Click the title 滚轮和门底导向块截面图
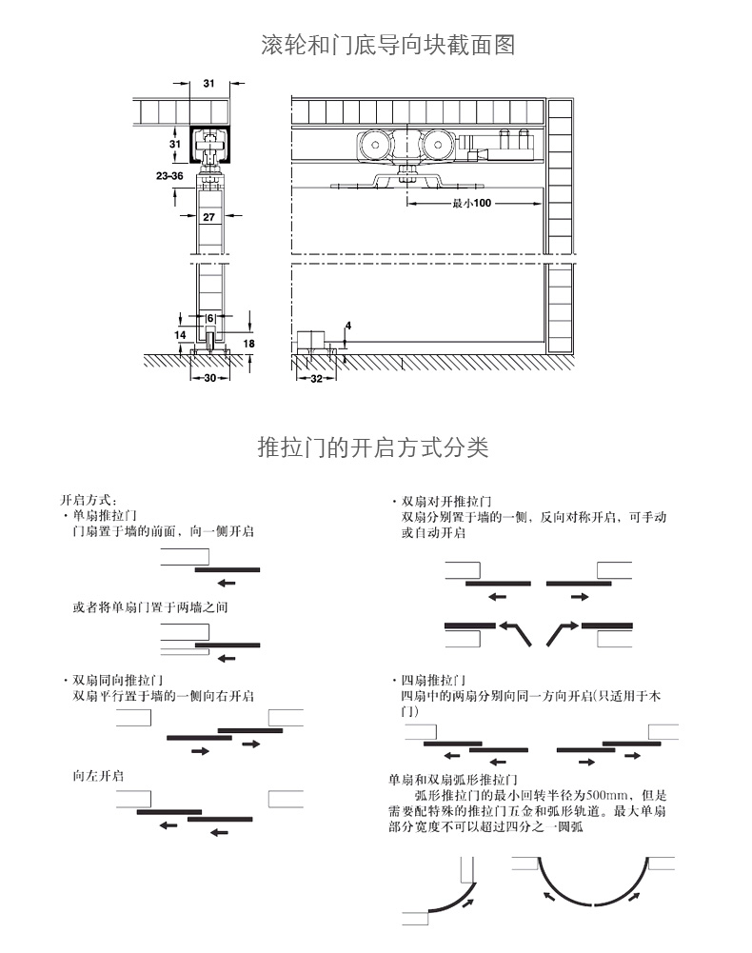pos(387,45)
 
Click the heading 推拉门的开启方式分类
pos(373,447)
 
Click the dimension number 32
pos(315,378)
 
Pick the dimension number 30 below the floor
pos(209,378)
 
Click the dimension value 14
pos(179,335)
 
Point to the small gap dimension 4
pos(348,326)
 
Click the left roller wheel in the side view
pos(371,147)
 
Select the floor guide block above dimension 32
pos(311,341)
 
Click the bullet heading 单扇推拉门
pos(103,514)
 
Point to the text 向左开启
pos(97,776)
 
